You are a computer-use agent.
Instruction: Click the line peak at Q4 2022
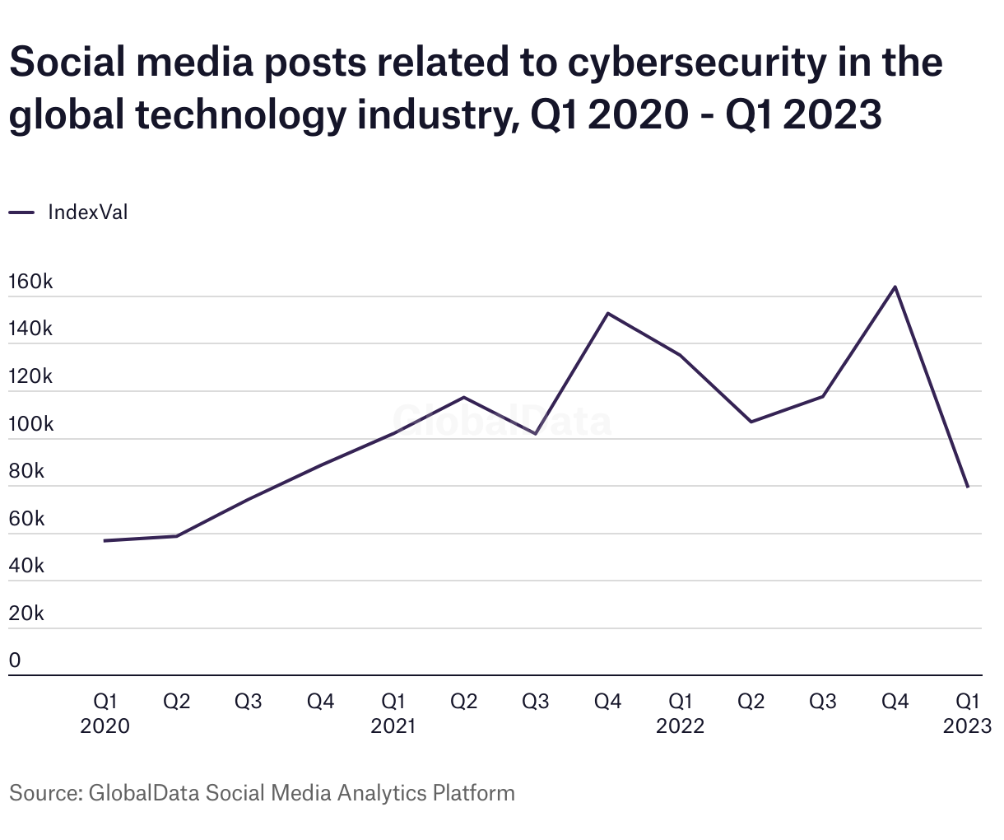click(x=895, y=287)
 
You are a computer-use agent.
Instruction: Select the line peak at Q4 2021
click(x=607, y=314)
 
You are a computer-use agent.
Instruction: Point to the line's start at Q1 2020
click(x=105, y=540)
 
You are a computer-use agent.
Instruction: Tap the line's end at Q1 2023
click(x=967, y=487)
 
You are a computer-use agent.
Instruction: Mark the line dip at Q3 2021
click(x=536, y=433)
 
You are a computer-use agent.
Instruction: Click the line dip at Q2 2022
click(x=751, y=422)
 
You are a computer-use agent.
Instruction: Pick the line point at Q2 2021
click(x=464, y=398)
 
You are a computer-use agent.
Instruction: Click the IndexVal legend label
click(x=88, y=212)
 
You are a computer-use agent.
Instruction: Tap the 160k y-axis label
click(x=30, y=282)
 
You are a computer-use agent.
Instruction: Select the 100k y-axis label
click(x=30, y=424)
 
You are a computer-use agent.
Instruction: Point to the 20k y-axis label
click(x=26, y=614)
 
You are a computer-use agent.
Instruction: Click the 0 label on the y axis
click(x=15, y=660)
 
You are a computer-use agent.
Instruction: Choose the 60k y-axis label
click(x=26, y=519)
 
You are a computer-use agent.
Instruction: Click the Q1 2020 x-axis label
click(x=105, y=713)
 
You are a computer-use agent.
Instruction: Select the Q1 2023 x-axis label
click(x=967, y=713)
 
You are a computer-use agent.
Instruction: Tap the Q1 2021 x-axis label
click(x=393, y=713)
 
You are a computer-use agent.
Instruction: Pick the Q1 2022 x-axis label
click(x=680, y=713)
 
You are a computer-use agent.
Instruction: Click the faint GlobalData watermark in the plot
click(x=502, y=421)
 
